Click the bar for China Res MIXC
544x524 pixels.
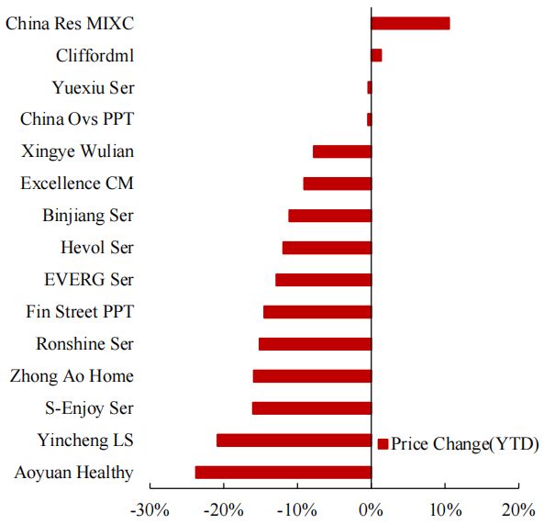[x=410, y=23]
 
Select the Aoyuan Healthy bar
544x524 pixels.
[x=283, y=473]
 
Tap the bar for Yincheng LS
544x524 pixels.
[x=294, y=440]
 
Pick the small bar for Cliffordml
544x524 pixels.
[x=376, y=55]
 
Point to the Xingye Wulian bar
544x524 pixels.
[x=341, y=151]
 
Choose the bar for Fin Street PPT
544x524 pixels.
[x=316, y=312]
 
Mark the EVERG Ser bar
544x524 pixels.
[x=323, y=280]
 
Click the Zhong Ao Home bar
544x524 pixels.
[x=312, y=376]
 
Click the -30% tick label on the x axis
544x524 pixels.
[x=150, y=508]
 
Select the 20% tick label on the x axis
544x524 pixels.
[x=518, y=508]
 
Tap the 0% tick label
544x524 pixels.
[x=371, y=508]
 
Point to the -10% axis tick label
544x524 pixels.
[x=296, y=508]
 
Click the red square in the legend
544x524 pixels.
[x=383, y=444]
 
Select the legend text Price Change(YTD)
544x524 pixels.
[x=465, y=444]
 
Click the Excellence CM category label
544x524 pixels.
[x=77, y=184]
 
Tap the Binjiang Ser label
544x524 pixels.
[x=88, y=216]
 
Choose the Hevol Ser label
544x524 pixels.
[x=97, y=248]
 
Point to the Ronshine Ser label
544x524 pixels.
[x=84, y=344]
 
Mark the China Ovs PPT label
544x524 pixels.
[x=77, y=119]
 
